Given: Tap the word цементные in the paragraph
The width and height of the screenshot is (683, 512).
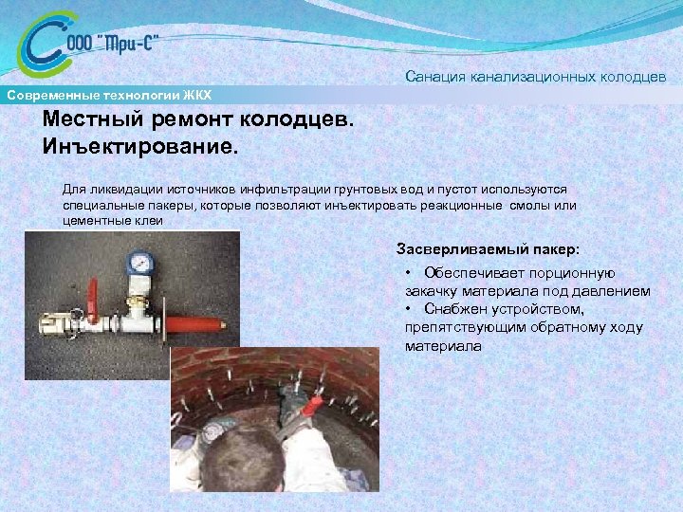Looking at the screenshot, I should (95, 220).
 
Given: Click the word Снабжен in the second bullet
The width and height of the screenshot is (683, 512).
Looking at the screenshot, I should (456, 309).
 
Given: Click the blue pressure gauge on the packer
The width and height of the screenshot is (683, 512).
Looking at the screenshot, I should (141, 261).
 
